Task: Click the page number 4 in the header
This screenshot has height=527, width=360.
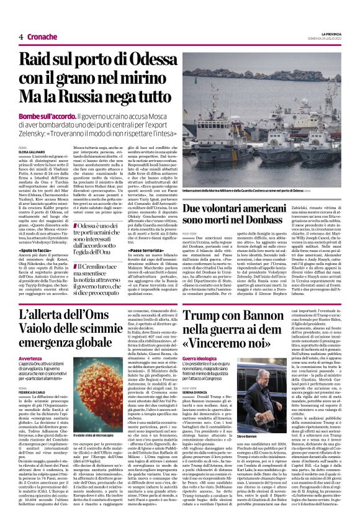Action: point(20,37)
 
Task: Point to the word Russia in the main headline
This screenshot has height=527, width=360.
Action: point(101,98)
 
